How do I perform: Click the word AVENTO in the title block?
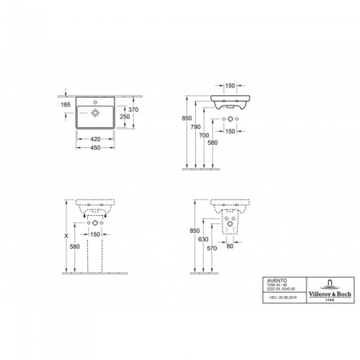coord(274,281)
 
